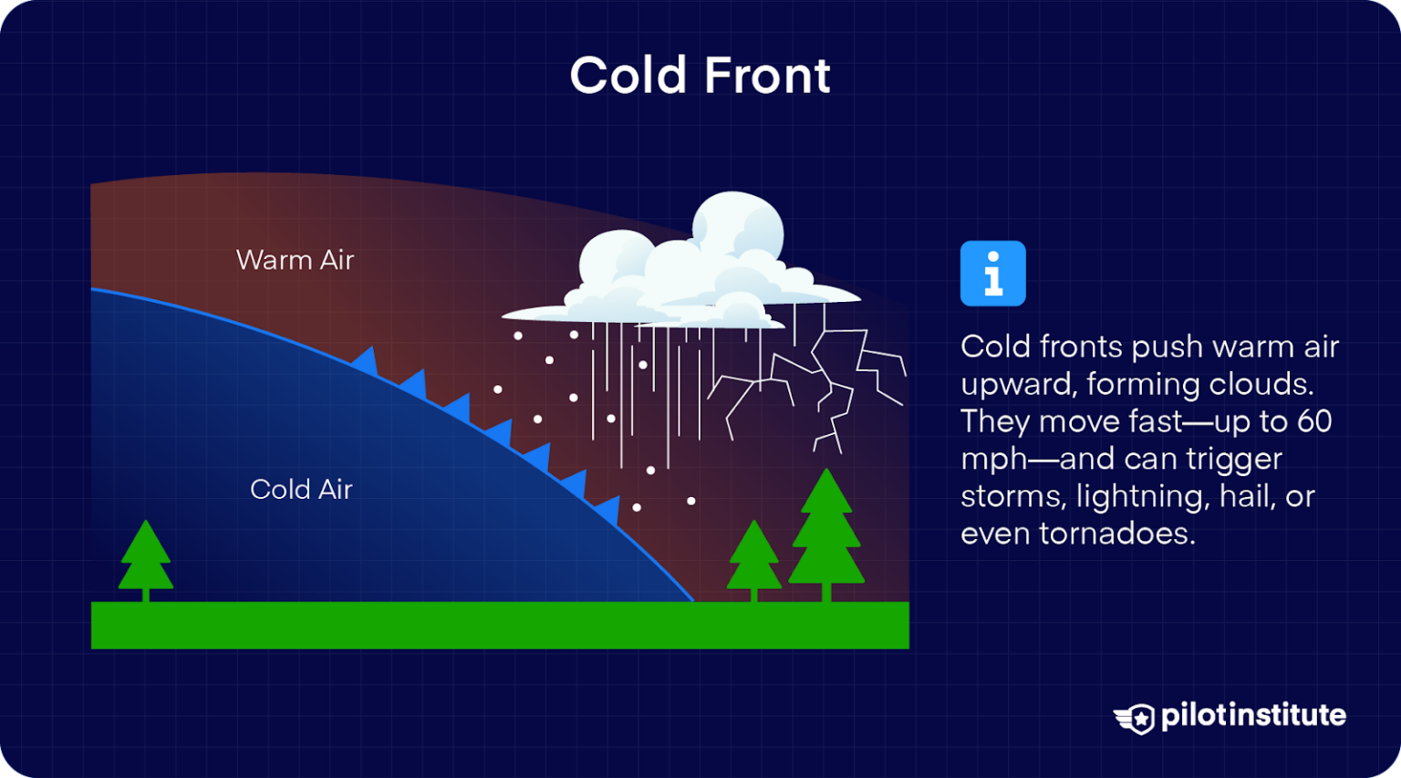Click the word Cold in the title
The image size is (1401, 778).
tap(628, 76)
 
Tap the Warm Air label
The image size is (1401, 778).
tap(295, 260)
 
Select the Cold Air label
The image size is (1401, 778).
tap(301, 490)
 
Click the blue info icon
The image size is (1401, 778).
tap(992, 274)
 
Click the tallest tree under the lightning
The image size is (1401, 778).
tap(826, 534)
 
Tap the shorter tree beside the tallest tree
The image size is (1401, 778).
tap(753, 558)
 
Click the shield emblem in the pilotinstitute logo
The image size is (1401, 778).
tap(1136, 718)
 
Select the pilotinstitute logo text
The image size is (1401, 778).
tap(1253, 715)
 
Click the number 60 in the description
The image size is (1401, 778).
tap(1314, 421)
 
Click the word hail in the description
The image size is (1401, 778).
tap(1247, 496)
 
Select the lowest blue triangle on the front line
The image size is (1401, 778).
tap(608, 510)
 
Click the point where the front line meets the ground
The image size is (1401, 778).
tap(693, 601)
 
